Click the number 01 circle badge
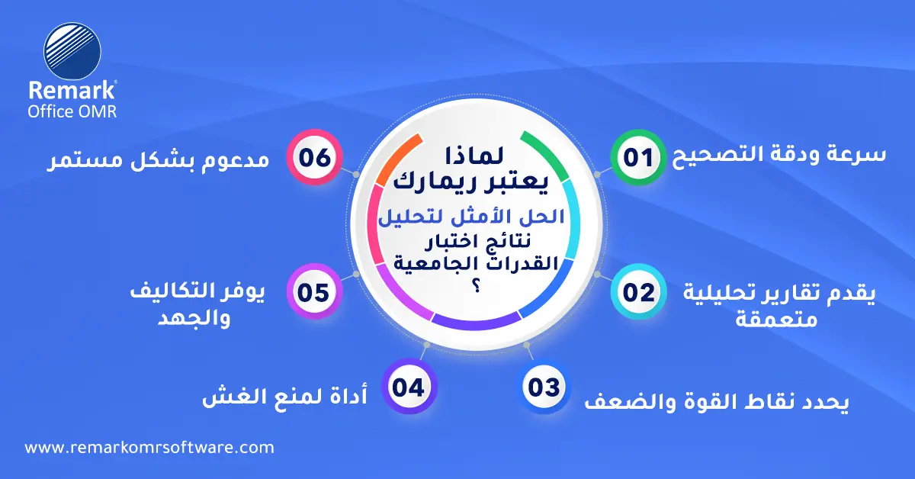pos(638,157)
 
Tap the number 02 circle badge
pos(638,292)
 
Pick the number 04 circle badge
pos(409,387)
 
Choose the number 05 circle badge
pos(313,292)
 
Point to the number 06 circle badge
pos(314,157)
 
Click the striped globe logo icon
pos(72,51)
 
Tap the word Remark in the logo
pos(72,90)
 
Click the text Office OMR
pos(72,111)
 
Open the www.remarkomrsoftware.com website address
pos(149,448)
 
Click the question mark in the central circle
pos(476,286)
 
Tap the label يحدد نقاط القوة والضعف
pos(717,402)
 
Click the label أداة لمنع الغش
pos(284,396)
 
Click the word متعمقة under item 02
pos(776,319)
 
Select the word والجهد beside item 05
pos(194,318)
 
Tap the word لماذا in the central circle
pos(474,156)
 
